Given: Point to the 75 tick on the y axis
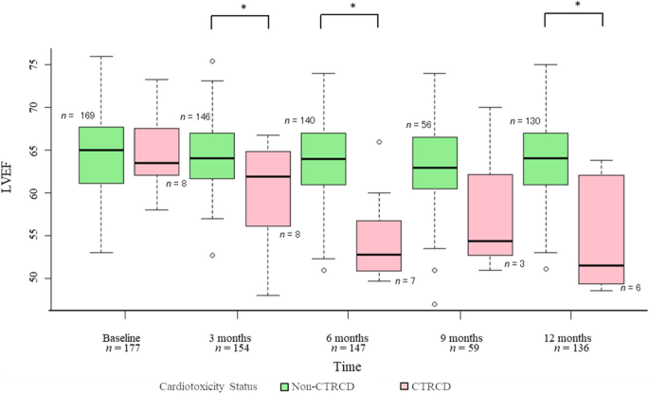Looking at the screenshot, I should pyautogui.click(x=39, y=65).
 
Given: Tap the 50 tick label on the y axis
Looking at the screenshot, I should pyautogui.click(x=39, y=278).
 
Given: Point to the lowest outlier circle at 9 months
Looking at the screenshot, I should pyautogui.click(x=434, y=304).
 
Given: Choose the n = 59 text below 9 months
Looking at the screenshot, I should pyautogui.click(x=462, y=349).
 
